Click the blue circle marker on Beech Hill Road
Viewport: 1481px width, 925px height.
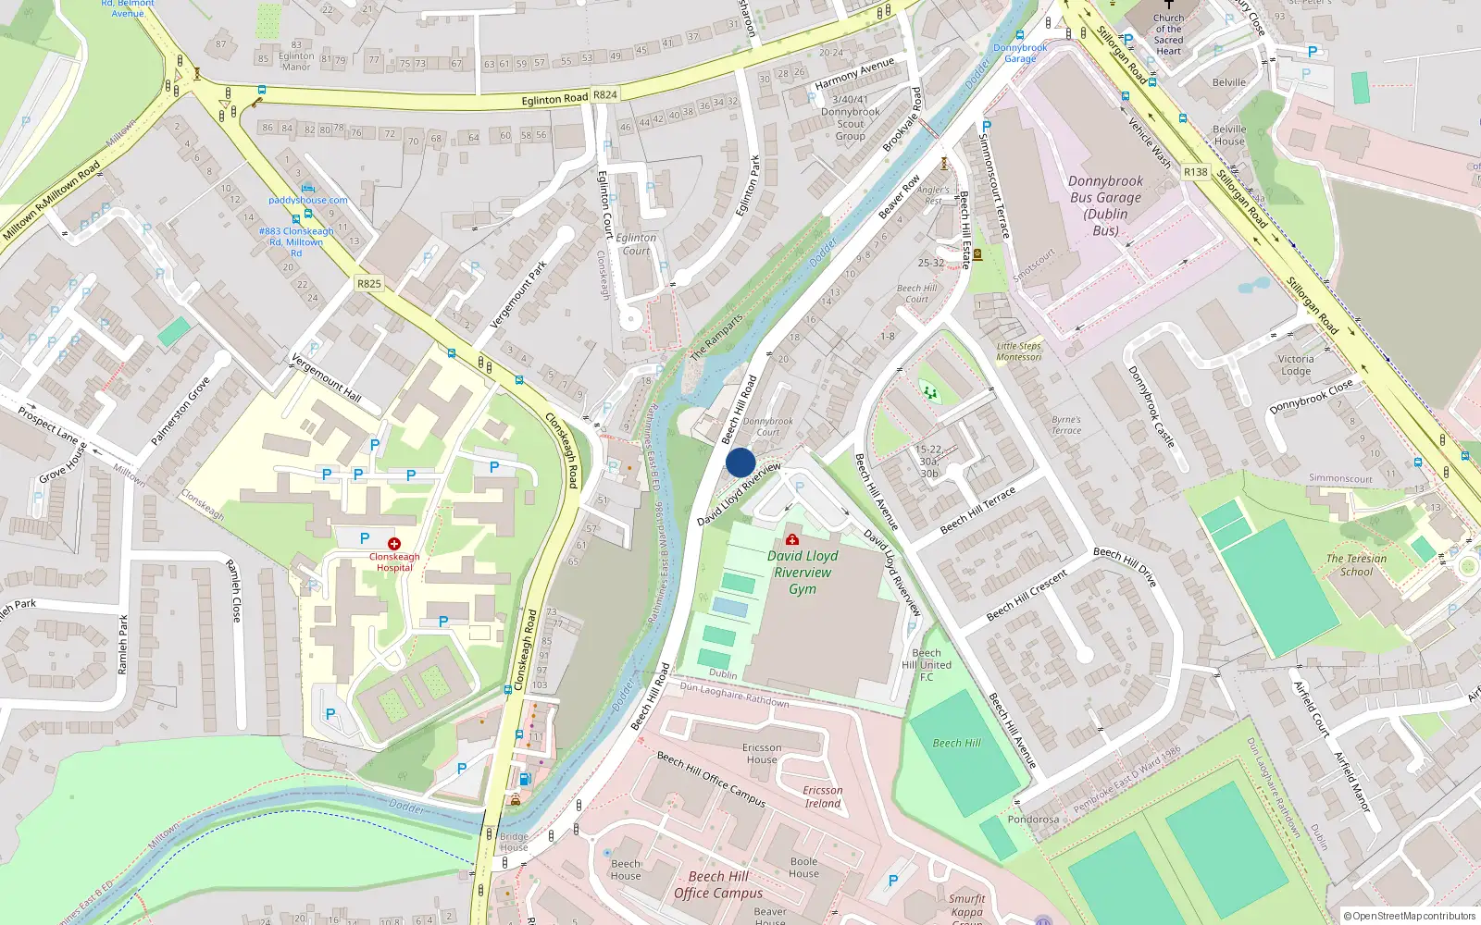click(740, 462)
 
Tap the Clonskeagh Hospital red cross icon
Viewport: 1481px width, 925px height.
click(394, 544)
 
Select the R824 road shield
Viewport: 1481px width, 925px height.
click(605, 94)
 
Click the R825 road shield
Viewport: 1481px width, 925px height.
click(369, 284)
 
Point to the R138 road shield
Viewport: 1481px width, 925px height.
click(1196, 172)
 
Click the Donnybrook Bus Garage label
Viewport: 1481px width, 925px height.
click(1105, 205)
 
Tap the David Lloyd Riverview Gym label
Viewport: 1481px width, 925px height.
click(803, 572)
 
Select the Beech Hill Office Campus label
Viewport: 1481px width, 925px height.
click(718, 884)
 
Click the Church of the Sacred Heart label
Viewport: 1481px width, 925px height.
click(1168, 34)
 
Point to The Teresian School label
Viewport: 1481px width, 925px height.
click(1356, 565)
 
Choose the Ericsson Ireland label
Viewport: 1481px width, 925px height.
click(822, 796)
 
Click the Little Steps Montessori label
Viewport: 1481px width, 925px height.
click(1018, 351)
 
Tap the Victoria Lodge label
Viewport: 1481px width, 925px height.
click(1296, 364)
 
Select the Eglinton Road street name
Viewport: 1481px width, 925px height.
click(554, 99)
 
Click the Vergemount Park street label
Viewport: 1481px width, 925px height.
click(518, 294)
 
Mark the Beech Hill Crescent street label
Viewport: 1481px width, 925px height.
click(1027, 595)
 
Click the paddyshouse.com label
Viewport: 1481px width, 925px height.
click(308, 200)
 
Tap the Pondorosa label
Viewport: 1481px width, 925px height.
click(1033, 820)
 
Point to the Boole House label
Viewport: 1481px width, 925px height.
click(803, 867)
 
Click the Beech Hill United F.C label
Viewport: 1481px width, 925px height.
click(927, 664)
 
